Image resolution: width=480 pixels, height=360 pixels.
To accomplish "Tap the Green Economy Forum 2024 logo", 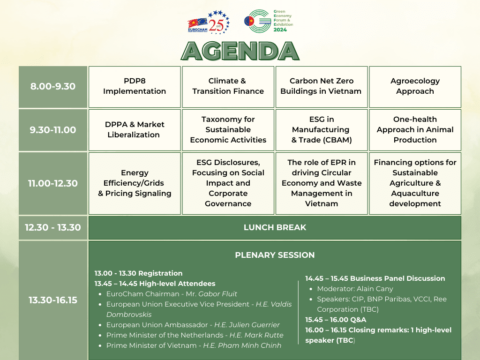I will coord(268,21).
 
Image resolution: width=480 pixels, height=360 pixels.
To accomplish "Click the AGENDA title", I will coord(240,51).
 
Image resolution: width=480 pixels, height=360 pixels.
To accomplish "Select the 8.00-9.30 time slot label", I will coord(53,87).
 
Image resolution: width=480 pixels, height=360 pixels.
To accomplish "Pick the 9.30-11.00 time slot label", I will coord(53,130).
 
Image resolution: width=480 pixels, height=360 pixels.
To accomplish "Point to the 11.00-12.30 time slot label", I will coord(53,183).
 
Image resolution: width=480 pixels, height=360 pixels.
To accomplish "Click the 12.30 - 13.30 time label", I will coord(53,227).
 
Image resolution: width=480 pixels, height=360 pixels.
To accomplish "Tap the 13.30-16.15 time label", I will coord(53,300).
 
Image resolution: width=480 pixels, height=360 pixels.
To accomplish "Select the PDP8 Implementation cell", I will coord(135,86).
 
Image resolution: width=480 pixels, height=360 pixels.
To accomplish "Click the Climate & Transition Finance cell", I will coord(228,86).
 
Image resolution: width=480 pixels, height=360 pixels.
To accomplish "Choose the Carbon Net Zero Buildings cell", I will coord(321,86).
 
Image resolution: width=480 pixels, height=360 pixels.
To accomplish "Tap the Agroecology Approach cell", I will coord(415,86).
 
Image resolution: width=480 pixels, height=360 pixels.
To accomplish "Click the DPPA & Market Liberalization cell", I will coord(135,130).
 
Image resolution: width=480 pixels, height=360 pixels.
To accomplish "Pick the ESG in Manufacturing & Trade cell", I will coord(321,130).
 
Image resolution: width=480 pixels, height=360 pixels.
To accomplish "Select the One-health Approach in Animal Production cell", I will coord(415,130).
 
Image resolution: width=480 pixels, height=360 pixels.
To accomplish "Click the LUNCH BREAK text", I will coord(275,227).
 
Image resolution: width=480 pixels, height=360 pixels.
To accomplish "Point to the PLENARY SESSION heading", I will coord(275,255).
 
